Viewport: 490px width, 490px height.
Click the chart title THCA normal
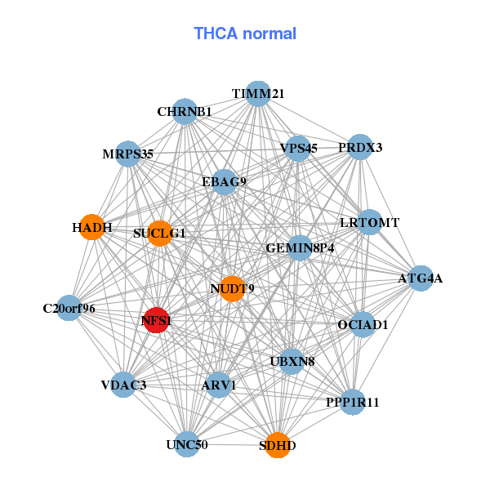tap(244, 33)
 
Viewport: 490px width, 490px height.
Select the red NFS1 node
tap(155, 321)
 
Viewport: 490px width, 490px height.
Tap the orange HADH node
tap(94, 227)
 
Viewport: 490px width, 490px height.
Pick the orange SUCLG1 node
tap(159, 233)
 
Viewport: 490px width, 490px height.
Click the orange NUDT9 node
tap(233, 288)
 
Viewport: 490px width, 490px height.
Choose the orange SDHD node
tap(278, 445)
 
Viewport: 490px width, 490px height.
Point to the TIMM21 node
tap(257, 94)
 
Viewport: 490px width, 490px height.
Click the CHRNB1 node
tap(185, 112)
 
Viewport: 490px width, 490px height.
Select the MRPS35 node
tap(128, 154)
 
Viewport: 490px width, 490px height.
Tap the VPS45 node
tap(298, 149)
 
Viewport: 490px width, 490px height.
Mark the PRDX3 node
tap(360, 148)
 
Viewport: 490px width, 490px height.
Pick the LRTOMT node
tap(369, 222)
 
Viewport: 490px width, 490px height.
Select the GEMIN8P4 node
tap(300, 247)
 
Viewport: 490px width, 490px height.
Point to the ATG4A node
tap(420, 278)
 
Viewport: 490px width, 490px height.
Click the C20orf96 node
tap(69, 309)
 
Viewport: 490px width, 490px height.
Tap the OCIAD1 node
tap(363, 325)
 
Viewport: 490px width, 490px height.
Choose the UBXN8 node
tap(292, 360)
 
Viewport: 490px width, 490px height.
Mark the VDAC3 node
tap(123, 385)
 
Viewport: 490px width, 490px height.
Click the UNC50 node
tap(187, 444)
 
